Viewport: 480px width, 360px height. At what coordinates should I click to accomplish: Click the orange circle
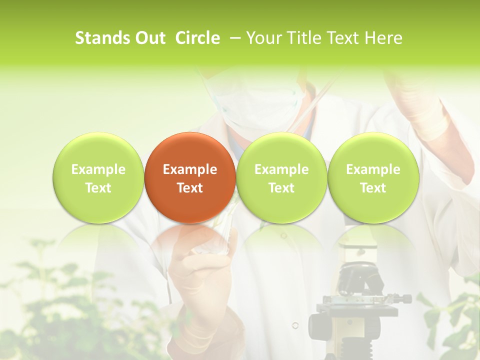[189, 177]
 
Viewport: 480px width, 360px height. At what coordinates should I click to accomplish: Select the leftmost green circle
[98, 177]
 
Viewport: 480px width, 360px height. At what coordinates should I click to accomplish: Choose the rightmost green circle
[373, 177]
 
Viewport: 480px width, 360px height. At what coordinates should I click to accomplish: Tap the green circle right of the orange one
[281, 177]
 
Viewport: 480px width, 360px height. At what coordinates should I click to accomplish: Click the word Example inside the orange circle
[190, 169]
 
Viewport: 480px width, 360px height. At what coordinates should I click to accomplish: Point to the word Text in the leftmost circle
[98, 188]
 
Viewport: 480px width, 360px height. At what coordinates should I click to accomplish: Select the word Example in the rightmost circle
[373, 169]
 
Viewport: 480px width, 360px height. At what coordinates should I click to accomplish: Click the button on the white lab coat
[295, 325]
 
